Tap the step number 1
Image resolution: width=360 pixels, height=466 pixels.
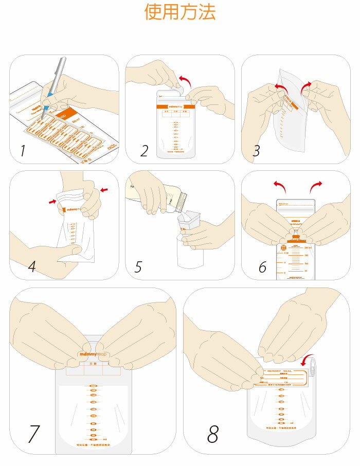(22, 151)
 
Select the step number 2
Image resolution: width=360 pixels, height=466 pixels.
(145, 151)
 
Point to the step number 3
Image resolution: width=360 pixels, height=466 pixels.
(257, 151)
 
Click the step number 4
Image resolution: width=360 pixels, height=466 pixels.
(32, 266)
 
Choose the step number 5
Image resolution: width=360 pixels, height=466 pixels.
(138, 267)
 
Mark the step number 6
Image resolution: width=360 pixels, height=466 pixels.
(262, 267)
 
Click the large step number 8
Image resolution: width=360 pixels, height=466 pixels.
(213, 434)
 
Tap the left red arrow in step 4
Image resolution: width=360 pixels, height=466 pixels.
(52, 201)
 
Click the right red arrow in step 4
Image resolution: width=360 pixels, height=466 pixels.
(105, 190)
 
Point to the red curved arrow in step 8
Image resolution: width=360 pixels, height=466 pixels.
(309, 358)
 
